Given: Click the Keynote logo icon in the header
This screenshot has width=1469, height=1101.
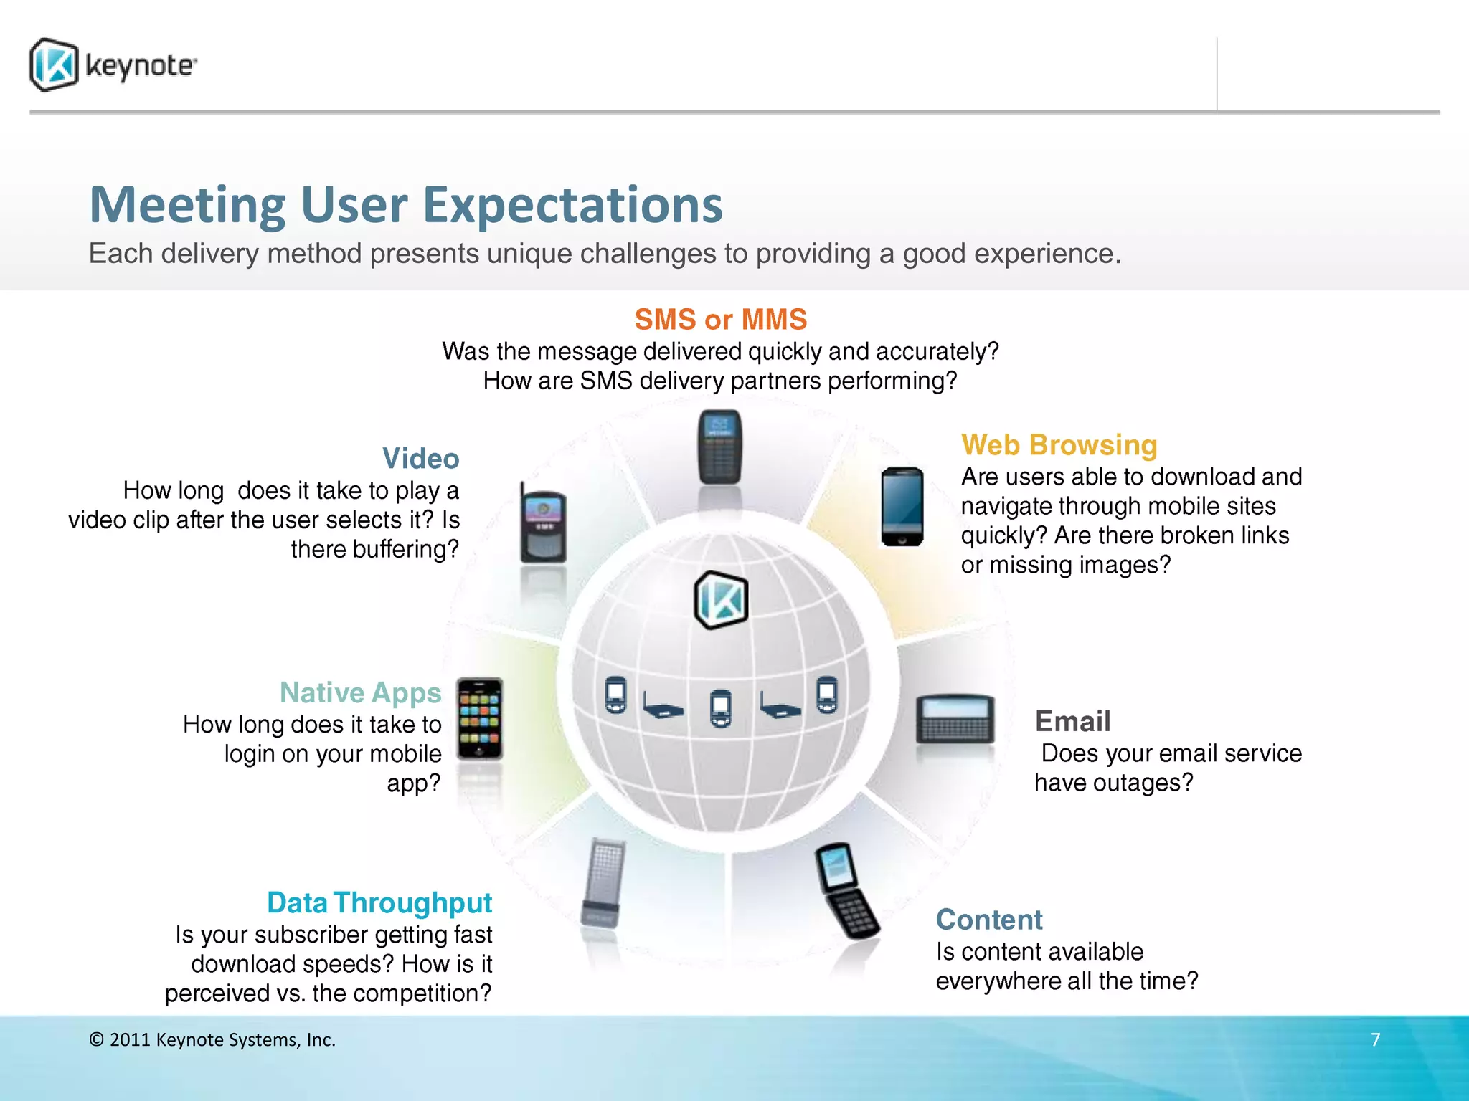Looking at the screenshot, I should coord(54,65).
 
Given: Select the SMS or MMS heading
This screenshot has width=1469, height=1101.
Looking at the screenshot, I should coord(720,319).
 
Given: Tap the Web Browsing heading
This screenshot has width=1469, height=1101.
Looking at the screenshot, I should coord(1059,445).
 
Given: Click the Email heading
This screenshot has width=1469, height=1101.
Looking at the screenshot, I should coord(1072,721).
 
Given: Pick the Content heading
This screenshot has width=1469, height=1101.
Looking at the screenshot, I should coord(988,920).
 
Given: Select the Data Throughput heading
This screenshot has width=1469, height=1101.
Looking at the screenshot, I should coord(379,902).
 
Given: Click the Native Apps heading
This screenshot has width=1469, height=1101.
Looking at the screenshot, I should coord(360,692).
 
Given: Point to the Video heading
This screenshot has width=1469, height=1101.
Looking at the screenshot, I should coord(420,459).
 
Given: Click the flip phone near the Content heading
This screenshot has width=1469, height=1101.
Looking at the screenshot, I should coord(846,891).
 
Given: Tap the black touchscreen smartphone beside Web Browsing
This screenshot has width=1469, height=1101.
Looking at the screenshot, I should coord(902,507).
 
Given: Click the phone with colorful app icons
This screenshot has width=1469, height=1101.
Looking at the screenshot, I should coord(480,718).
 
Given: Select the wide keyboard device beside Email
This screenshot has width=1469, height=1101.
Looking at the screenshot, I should coord(955,719).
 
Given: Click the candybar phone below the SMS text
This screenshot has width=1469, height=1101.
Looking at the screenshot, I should coord(719,447).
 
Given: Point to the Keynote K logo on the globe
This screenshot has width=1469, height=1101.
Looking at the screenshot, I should coord(721,601).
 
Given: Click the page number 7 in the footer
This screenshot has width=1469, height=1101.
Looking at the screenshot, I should coord(1375,1039).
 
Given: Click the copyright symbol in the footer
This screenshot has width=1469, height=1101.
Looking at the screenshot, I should coord(96,1040).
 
